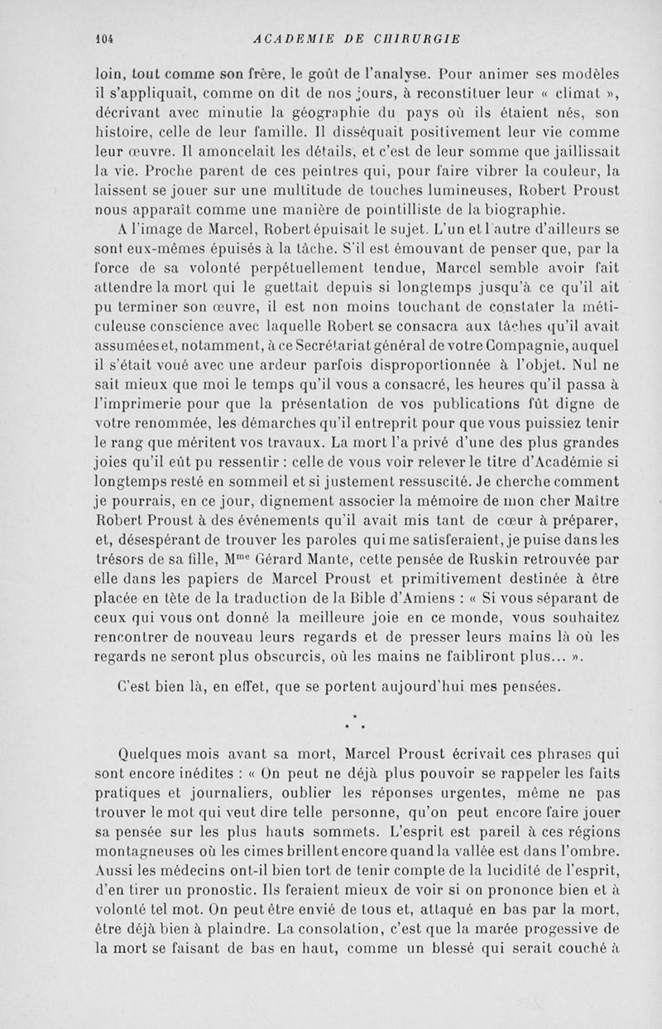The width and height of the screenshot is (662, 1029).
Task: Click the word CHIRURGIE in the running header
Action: [x=419, y=37]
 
